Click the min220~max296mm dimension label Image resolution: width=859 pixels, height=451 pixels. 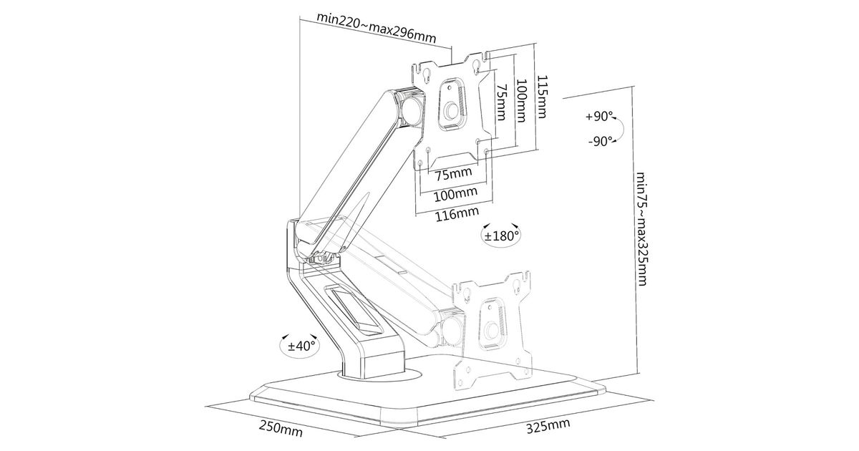click(x=377, y=28)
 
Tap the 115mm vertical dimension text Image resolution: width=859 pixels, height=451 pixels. click(x=540, y=97)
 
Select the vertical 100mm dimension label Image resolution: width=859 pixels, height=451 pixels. click(x=521, y=101)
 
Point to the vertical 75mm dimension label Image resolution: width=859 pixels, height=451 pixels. click(x=501, y=102)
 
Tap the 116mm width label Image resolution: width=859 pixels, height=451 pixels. click(x=457, y=213)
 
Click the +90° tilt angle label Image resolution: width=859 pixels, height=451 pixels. click(x=599, y=116)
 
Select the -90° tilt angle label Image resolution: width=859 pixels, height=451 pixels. click(x=601, y=141)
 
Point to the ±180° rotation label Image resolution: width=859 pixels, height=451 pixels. click(x=501, y=236)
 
